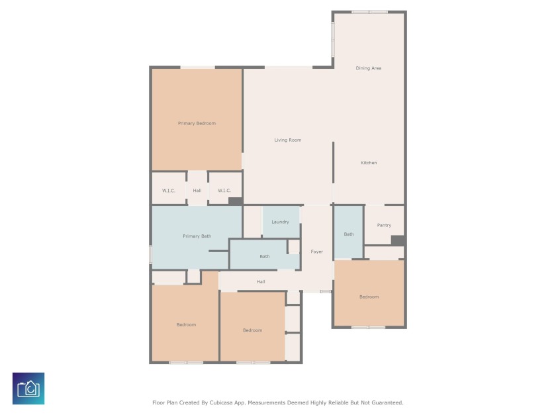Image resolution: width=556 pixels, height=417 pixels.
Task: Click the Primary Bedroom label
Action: pos(197,123)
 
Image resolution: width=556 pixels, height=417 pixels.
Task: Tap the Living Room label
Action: pos(288,140)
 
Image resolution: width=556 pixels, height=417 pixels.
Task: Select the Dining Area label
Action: pos(369,68)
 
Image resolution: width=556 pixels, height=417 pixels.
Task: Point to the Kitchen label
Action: pos(369,163)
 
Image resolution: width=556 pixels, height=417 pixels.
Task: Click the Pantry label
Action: pos(384,225)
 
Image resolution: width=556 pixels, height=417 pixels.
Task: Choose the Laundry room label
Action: pos(280,222)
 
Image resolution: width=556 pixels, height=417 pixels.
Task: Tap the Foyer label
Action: pos(317,252)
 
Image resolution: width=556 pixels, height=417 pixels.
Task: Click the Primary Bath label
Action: pos(197,236)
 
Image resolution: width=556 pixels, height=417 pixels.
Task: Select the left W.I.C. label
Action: pos(169,191)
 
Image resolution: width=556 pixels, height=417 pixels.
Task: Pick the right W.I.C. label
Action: pos(224,191)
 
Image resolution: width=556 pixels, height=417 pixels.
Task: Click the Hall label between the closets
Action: pos(197,191)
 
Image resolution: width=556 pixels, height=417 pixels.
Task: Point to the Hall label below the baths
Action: pos(261,282)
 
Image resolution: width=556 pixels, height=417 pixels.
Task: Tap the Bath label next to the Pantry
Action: pos(349,234)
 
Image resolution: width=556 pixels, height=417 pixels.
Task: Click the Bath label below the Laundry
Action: pos(265,257)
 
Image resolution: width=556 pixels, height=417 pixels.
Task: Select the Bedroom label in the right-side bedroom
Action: pos(369,297)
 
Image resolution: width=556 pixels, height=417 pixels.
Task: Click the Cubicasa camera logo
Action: pos(28,389)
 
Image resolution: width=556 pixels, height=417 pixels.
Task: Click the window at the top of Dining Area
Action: pos(369,12)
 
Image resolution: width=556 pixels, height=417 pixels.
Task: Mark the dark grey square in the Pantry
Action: pos(397,241)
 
